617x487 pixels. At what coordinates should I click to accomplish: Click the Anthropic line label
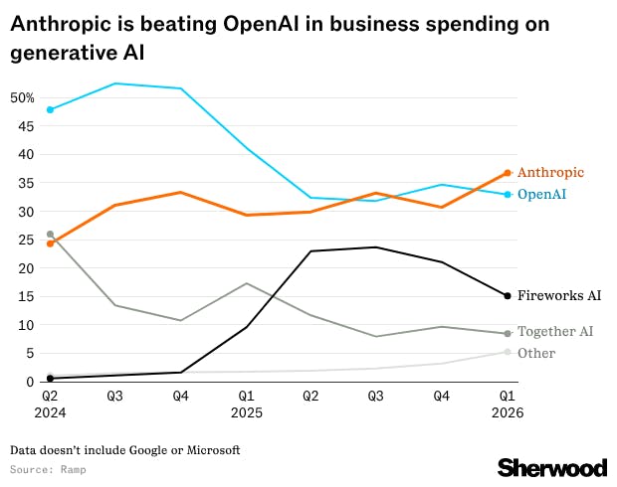tap(550, 173)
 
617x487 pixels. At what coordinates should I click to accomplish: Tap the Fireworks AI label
tap(559, 296)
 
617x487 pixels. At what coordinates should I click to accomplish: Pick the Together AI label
tap(555, 332)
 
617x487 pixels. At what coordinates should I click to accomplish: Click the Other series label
tap(536, 353)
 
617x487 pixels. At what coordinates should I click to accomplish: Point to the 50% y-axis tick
tap(22, 97)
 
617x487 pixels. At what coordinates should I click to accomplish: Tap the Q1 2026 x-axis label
tap(508, 404)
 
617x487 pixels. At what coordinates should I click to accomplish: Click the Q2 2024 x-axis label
tap(50, 404)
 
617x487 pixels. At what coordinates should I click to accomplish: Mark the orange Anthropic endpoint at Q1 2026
tap(508, 173)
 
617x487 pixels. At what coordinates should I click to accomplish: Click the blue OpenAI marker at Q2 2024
tap(50, 109)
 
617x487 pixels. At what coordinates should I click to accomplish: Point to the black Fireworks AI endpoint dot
tap(508, 295)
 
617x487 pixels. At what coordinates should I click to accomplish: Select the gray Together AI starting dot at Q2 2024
tap(50, 235)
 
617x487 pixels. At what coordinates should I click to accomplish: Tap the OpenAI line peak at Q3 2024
tap(115, 83)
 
